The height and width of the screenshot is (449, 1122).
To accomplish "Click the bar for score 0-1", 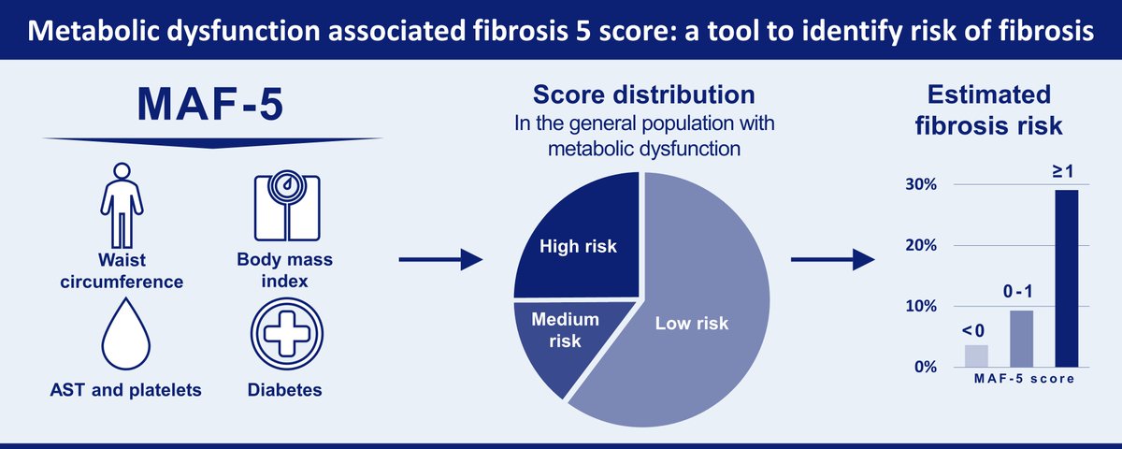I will click(1021, 338).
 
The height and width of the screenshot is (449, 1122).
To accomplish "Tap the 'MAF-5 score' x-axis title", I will click(1021, 379).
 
